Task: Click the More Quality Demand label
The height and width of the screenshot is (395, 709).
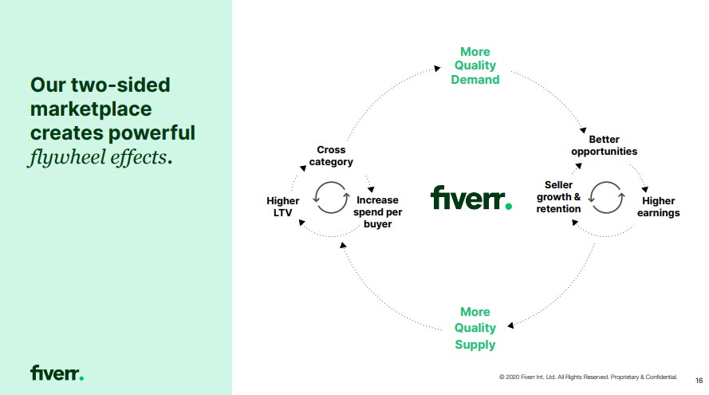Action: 475,65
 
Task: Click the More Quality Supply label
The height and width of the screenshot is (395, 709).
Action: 475,328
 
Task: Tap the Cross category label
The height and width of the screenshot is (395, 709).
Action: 331,156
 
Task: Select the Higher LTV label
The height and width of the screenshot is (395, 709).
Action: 283,207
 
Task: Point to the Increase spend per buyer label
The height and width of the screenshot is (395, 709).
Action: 377,212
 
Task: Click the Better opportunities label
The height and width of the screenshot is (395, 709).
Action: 604,145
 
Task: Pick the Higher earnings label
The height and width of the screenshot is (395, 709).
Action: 658,207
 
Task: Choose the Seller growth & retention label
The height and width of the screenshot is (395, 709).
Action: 558,197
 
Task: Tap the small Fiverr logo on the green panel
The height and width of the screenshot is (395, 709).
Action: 57,373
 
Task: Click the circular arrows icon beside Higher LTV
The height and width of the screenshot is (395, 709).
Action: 331,198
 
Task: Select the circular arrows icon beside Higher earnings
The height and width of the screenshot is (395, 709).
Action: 607,197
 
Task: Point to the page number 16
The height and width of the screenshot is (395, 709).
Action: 699,380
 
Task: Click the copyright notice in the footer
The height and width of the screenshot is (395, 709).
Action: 588,376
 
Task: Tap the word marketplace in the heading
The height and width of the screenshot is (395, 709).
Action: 91,108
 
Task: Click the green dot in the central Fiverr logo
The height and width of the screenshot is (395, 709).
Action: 508,207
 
